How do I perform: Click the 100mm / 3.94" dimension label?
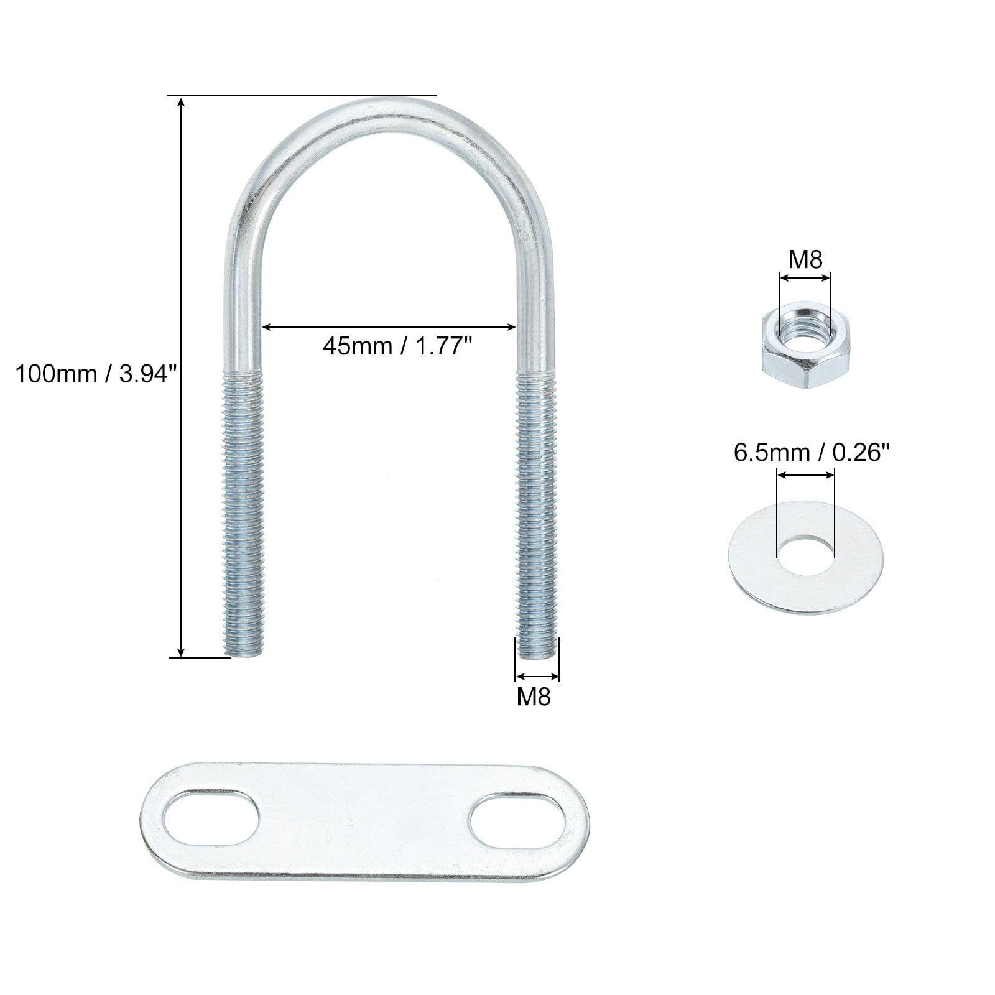tap(96, 374)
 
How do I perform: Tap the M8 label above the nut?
tap(805, 259)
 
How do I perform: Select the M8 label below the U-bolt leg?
tap(534, 697)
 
